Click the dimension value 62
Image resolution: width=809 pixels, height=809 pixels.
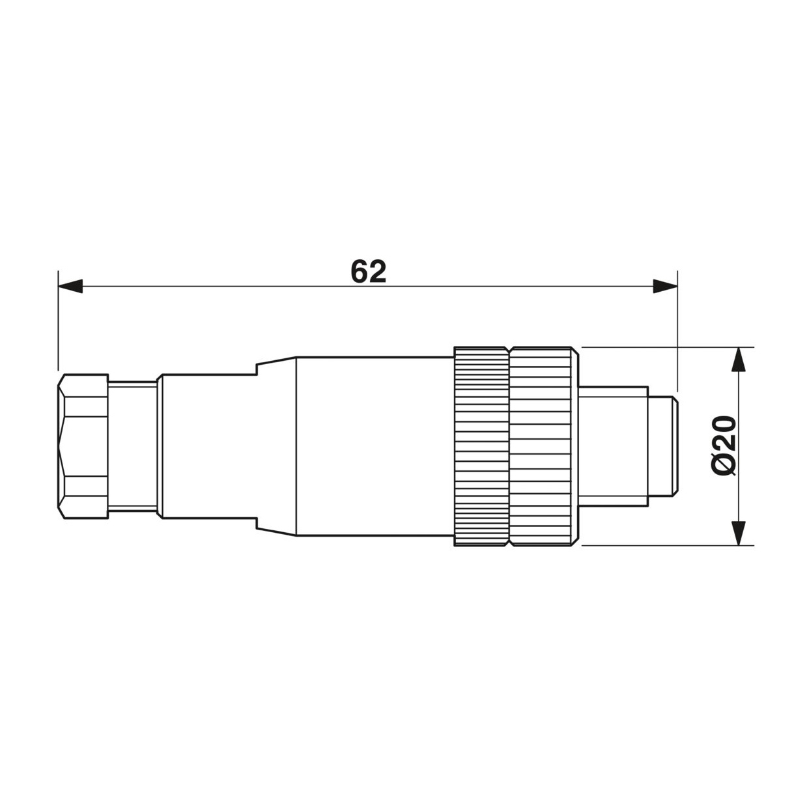pos(368,272)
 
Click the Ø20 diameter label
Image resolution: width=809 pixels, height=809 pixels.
pos(724,446)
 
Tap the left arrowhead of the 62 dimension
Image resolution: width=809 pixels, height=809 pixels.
pos(70,286)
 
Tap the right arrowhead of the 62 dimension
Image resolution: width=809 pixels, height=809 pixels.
pos(665,286)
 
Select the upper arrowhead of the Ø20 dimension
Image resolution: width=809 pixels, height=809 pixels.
pos(739,360)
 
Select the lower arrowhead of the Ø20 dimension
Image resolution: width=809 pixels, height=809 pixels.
pos(739,533)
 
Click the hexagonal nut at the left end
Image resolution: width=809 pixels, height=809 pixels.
pos(83,446)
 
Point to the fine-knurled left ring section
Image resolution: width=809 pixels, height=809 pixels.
pos(481,446)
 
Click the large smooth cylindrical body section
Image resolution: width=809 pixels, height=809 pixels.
pos(375,446)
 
